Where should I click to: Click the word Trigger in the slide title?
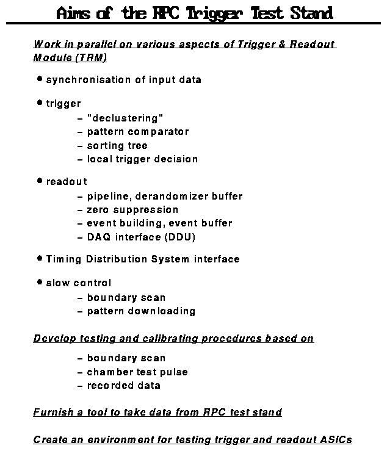[216, 13]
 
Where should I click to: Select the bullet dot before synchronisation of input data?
[40, 79]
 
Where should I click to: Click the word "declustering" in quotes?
[125, 118]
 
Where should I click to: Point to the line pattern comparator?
[137, 132]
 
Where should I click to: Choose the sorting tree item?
[117, 146]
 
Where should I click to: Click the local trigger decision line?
[142, 159]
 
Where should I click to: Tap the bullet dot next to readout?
[40, 181]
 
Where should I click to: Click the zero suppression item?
[132, 210]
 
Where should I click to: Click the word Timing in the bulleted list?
[63, 259]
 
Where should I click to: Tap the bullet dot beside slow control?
[40, 283]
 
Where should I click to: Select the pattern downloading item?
[141, 311]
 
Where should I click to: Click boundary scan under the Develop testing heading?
[126, 358]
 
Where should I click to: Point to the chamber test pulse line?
[137, 372]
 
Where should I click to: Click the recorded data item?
[123, 386]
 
